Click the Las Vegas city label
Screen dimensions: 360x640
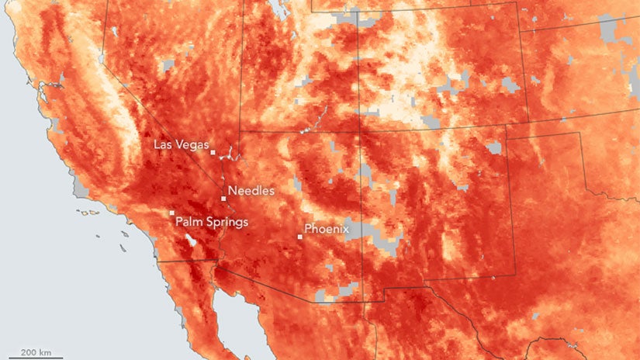[x=179, y=144]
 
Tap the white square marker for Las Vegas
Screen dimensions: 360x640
[x=213, y=153]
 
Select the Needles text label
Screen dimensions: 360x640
[x=251, y=189]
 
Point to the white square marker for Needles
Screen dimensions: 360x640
[x=223, y=199]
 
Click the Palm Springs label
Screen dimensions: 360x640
[x=212, y=222]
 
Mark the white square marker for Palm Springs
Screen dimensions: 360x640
[x=171, y=213]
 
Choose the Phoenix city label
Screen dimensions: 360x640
[x=327, y=229]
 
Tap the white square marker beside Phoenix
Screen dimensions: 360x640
[x=300, y=237]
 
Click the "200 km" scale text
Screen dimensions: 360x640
[x=36, y=352]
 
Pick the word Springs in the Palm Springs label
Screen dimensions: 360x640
[x=226, y=222]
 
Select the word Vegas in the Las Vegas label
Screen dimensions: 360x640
[x=193, y=144]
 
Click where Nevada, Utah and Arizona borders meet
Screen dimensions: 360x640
[x=240, y=131]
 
